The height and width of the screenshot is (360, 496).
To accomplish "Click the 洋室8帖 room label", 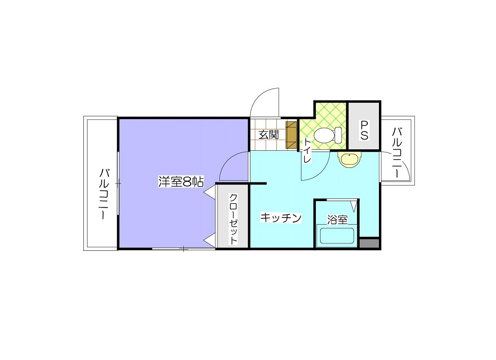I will coord(181,182).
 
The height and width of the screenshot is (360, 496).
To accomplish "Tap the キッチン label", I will coord(282,218).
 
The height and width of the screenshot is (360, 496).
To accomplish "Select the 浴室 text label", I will coord(337,219).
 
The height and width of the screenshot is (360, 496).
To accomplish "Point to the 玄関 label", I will coord(269,135).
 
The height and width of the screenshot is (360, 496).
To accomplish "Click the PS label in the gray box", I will coord(363,130).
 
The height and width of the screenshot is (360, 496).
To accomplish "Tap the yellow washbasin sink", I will coord(350,159).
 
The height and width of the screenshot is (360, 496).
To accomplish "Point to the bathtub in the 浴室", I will coord(337,235).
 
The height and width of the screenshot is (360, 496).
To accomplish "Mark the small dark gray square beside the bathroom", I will coord(369,243).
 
